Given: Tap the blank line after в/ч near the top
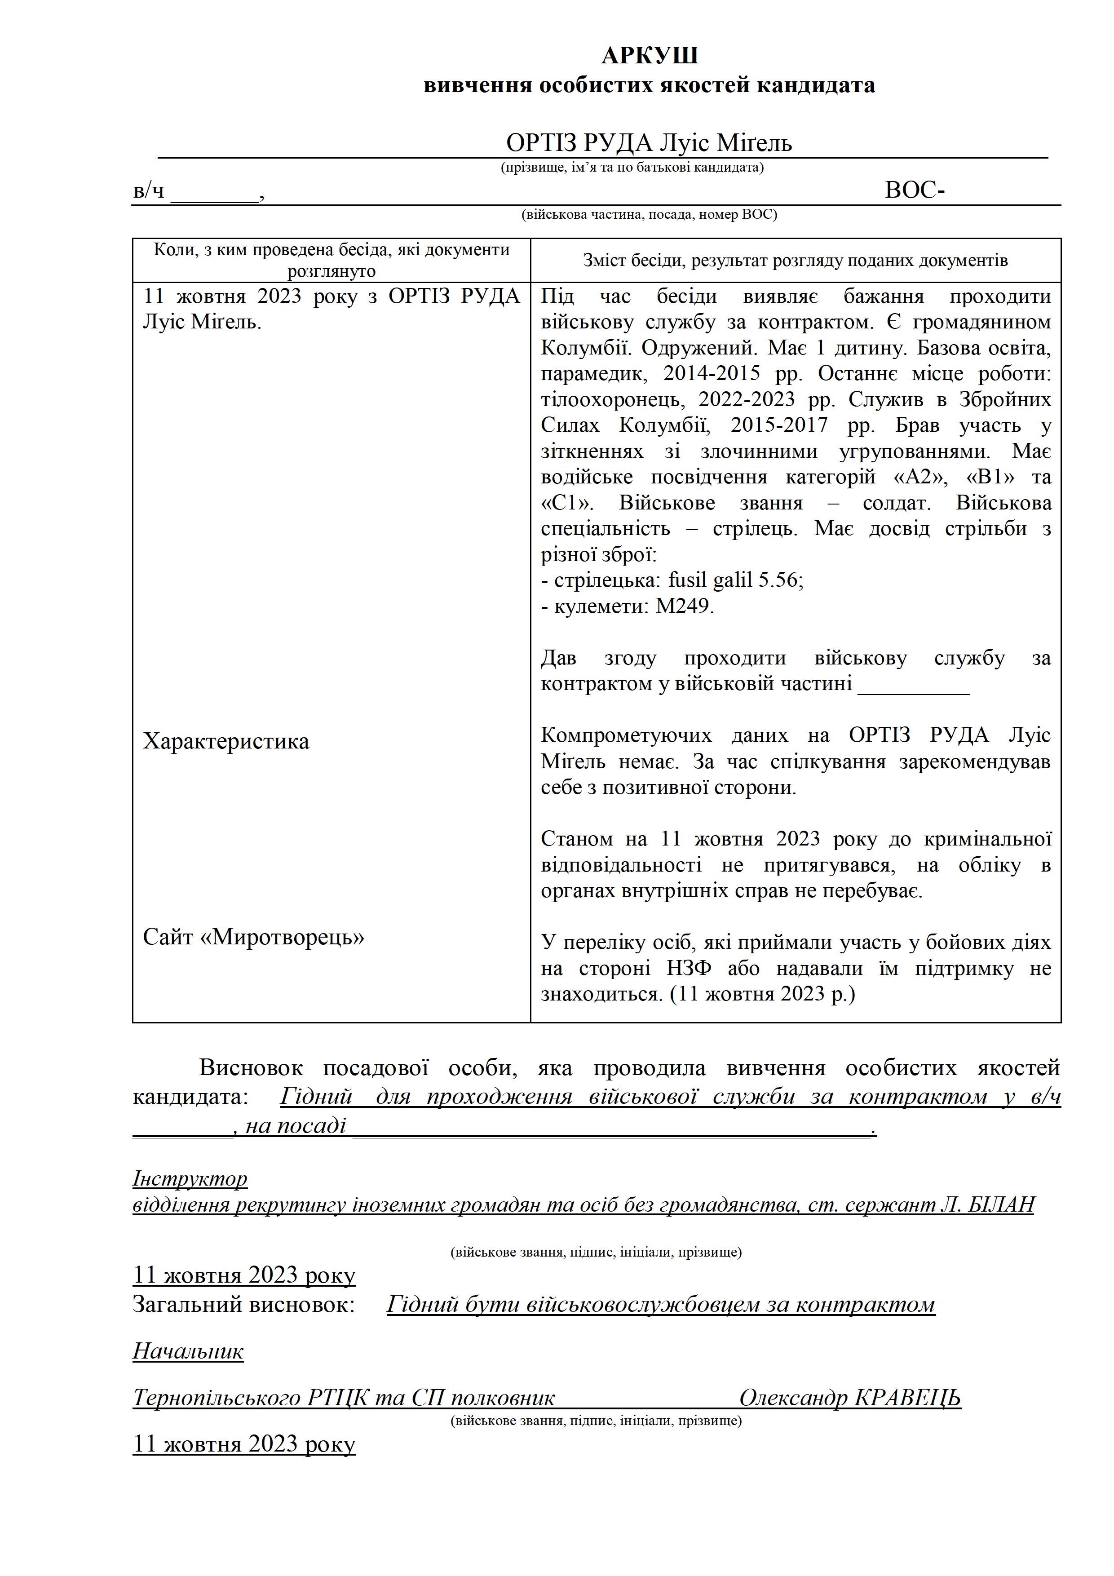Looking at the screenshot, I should click(x=214, y=193).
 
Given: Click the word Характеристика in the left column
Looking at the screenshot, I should click(x=226, y=741).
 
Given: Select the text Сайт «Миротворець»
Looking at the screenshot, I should click(x=253, y=937).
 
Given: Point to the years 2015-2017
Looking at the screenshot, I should click(x=778, y=425).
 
